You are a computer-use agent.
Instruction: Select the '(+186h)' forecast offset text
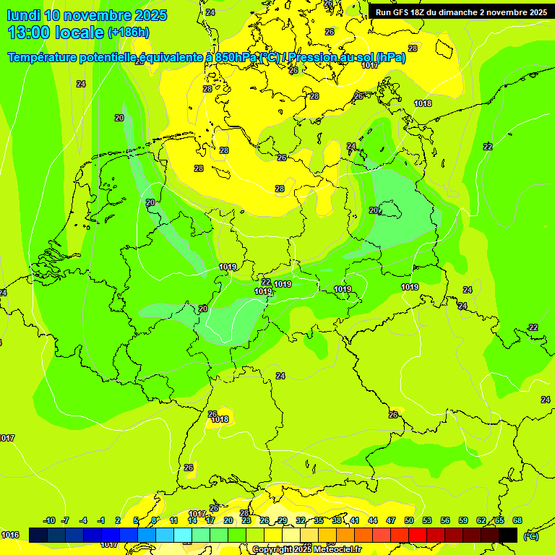pos(129,33)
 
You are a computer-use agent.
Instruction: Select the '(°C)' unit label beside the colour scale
pos(530,535)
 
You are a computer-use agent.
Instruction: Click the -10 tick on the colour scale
pos(49,520)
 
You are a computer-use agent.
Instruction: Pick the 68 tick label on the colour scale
pos(517,520)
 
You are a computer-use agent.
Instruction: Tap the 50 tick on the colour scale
pos(409,520)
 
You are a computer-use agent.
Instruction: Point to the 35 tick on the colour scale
pos(319,520)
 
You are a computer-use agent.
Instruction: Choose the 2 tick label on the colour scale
pos(118,520)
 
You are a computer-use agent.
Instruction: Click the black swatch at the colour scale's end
pos(508,535)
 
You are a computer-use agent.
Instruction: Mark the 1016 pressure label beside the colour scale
pos(10,535)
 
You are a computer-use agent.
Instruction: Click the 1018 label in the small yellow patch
pos(220,419)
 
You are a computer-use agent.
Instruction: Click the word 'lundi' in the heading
pos(23,15)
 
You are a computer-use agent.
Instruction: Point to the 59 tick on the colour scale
pos(463,520)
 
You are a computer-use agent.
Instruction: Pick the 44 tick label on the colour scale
pos(373,520)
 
